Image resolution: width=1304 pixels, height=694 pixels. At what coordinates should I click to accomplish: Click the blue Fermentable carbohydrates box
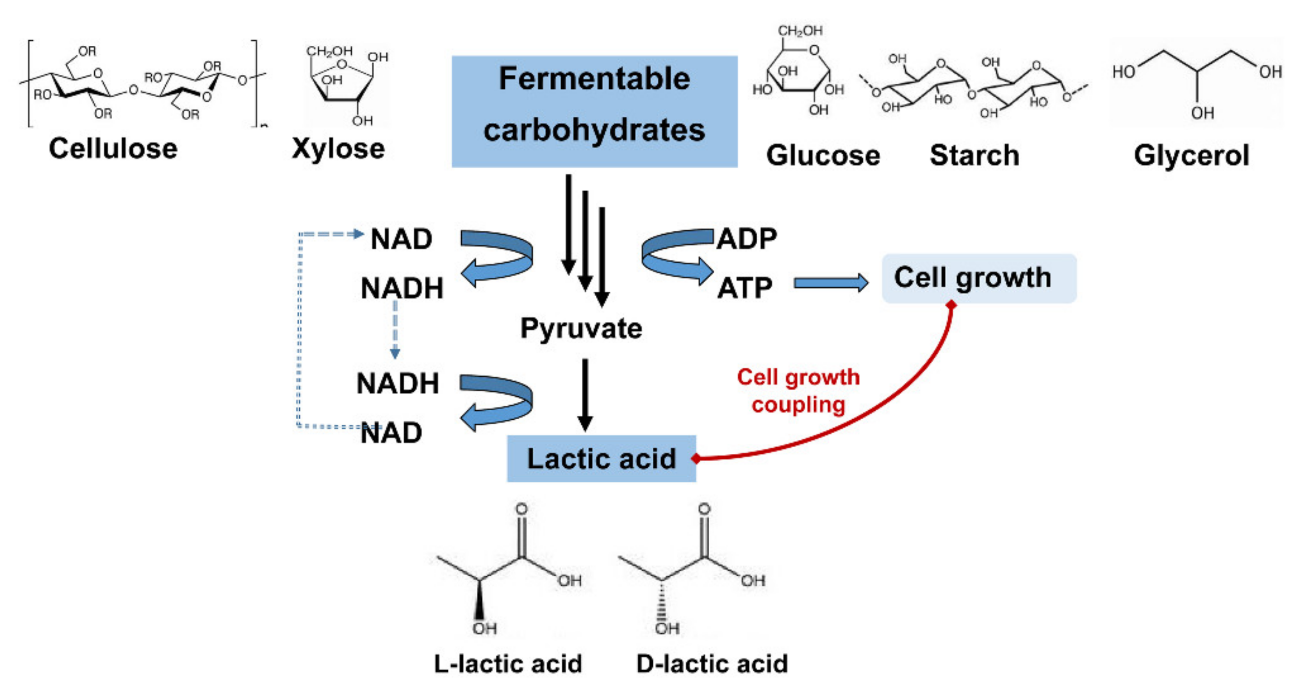click(x=594, y=111)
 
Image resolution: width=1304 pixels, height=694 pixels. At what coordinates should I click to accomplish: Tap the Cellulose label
click(x=113, y=149)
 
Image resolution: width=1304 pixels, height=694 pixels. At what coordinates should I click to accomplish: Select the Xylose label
click(x=338, y=149)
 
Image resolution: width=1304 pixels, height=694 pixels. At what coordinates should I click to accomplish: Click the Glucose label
click(x=823, y=155)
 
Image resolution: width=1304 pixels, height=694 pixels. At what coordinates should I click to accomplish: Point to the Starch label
click(x=974, y=155)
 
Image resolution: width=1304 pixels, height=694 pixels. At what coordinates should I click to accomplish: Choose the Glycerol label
click(x=1191, y=155)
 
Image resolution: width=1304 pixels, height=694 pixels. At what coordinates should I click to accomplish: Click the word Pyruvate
click(x=581, y=328)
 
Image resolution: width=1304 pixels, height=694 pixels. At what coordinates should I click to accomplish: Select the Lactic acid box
click(x=601, y=458)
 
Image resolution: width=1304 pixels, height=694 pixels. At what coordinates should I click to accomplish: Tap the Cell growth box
click(x=979, y=279)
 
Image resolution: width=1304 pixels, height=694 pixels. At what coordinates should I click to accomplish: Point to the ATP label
click(x=745, y=288)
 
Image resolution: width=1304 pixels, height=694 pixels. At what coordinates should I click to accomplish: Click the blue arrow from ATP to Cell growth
click(x=830, y=283)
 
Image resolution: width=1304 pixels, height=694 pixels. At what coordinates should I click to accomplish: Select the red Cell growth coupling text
click(x=798, y=391)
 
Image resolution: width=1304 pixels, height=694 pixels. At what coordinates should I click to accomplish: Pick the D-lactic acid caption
click(x=712, y=664)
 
